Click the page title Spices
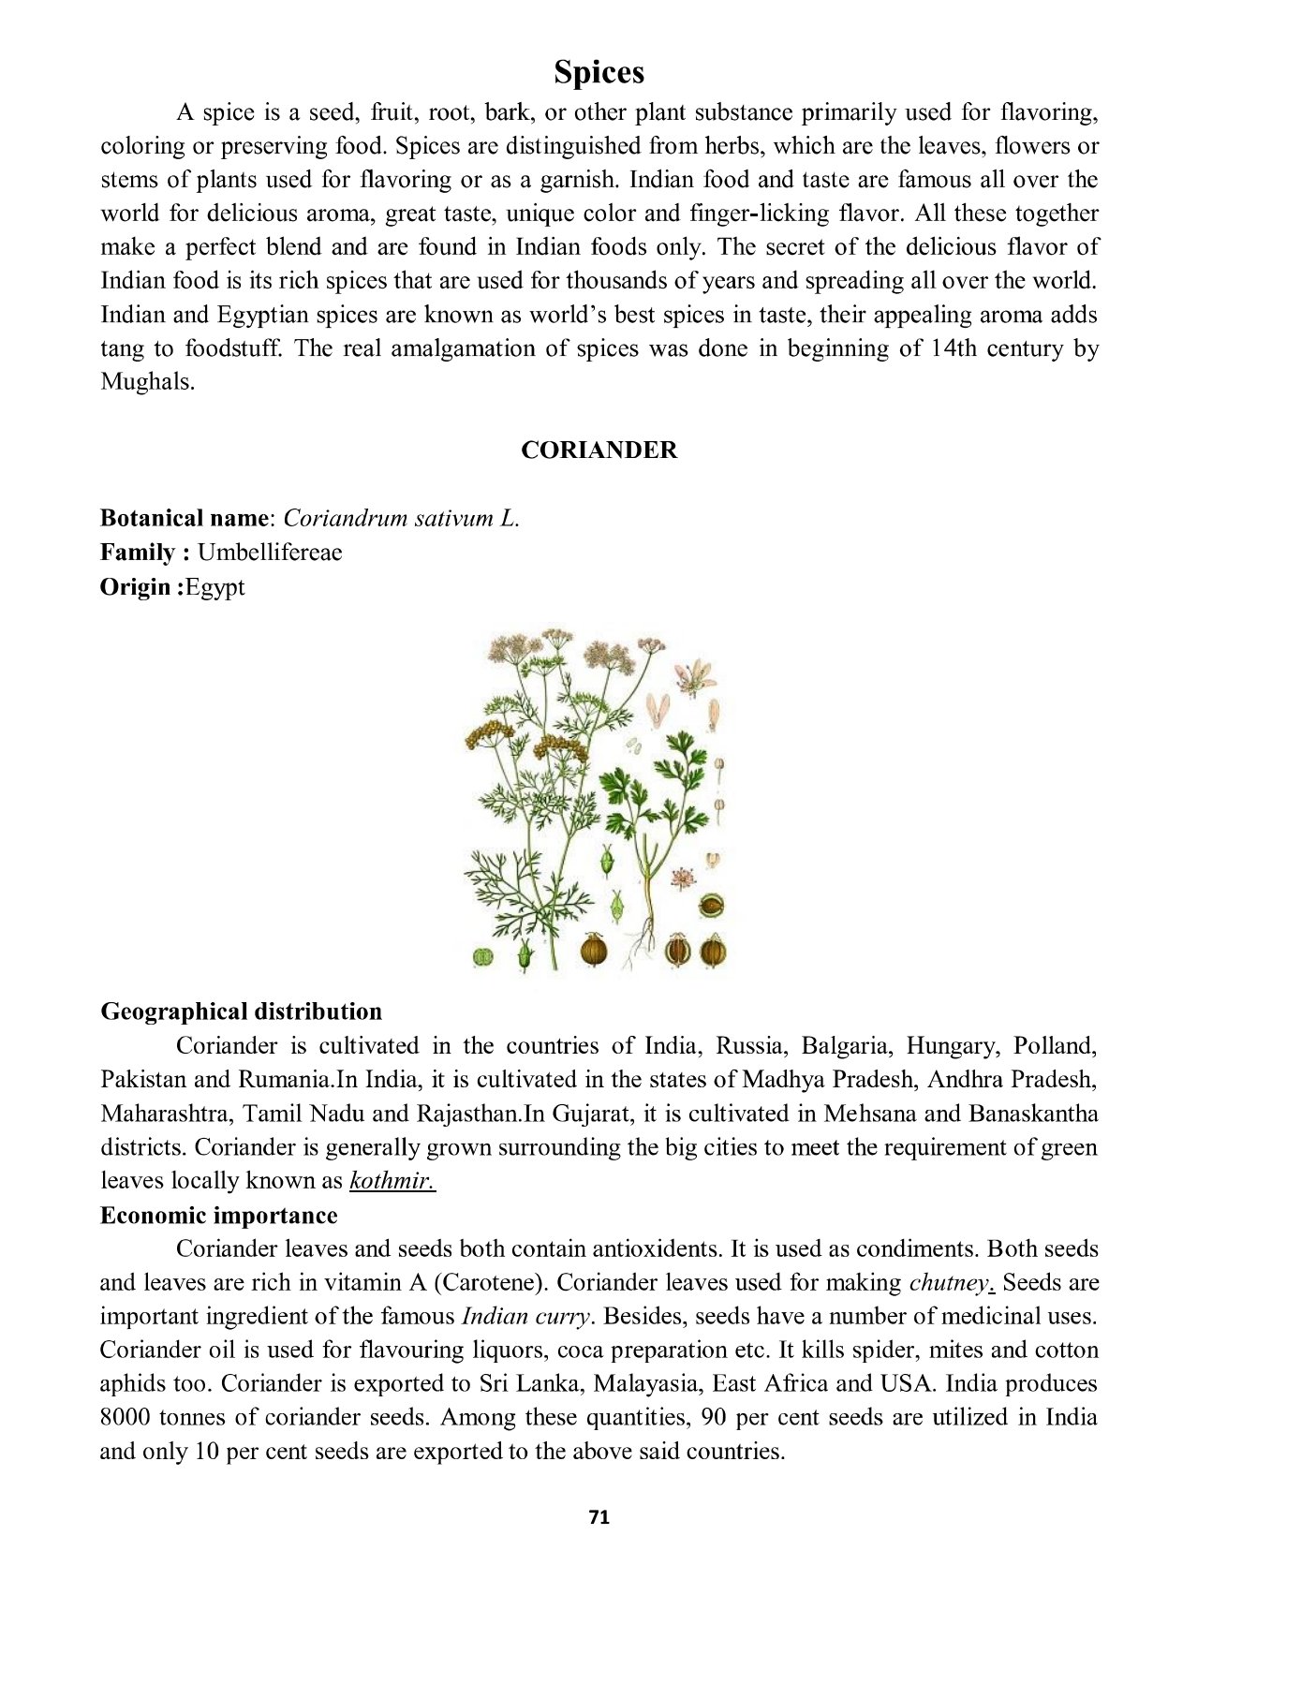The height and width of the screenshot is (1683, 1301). tap(599, 72)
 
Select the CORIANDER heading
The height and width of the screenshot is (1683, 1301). tap(599, 450)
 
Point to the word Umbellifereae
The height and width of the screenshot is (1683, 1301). tap(270, 553)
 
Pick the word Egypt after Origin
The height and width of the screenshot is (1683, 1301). tap(215, 587)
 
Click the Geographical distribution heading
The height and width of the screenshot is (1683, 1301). tap(241, 1011)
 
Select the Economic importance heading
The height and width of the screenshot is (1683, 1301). tap(218, 1216)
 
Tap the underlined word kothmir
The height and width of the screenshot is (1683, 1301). tap(392, 1181)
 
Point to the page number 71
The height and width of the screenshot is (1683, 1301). tap(599, 1517)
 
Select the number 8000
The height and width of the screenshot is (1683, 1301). tap(125, 1418)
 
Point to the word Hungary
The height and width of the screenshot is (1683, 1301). tap(953, 1046)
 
